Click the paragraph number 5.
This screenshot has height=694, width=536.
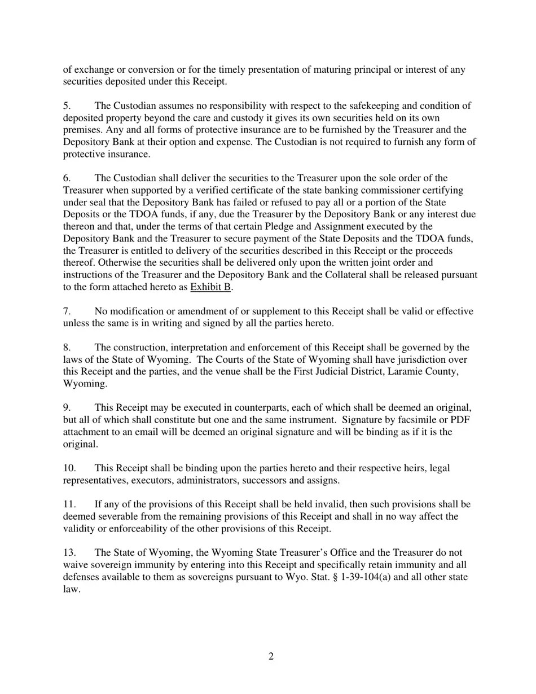click(67, 106)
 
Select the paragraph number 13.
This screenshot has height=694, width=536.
click(69, 553)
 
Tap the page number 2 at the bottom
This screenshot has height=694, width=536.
click(271, 656)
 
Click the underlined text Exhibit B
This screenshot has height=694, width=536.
click(210, 287)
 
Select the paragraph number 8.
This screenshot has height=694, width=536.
click(67, 348)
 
